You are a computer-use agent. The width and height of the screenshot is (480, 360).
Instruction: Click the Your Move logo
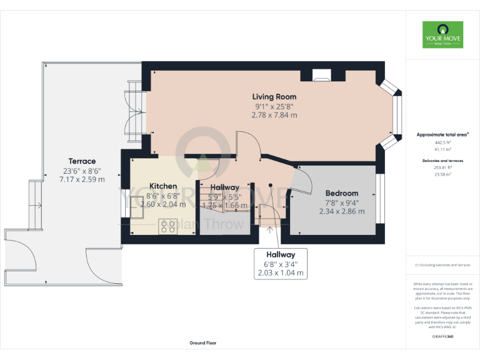[442, 35]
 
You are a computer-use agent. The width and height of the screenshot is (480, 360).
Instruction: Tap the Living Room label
[274, 97]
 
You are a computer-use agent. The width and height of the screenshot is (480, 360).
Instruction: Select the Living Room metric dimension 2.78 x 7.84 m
[274, 115]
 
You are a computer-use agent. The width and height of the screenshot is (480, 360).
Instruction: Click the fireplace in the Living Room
[322, 77]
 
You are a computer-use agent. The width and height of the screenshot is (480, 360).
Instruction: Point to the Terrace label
[82, 161]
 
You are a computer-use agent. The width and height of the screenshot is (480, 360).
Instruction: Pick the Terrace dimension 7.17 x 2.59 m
[82, 179]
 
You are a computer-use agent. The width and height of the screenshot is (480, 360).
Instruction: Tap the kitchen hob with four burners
[167, 226]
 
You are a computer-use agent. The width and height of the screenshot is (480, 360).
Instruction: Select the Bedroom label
[342, 193]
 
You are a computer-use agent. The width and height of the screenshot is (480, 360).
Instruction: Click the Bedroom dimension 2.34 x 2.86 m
[342, 211]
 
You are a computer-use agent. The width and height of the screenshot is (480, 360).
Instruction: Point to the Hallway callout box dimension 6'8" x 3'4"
[281, 264]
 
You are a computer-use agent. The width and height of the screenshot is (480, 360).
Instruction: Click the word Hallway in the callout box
[281, 255]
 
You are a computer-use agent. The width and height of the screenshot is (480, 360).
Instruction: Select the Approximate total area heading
[442, 135]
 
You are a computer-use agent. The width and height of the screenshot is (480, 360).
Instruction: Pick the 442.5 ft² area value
[442, 142]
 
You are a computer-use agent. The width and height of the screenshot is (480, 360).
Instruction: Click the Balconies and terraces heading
[442, 161]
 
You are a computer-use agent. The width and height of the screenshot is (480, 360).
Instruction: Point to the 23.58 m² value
[442, 175]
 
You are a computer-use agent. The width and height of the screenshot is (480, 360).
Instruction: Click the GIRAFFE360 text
[442, 337]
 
